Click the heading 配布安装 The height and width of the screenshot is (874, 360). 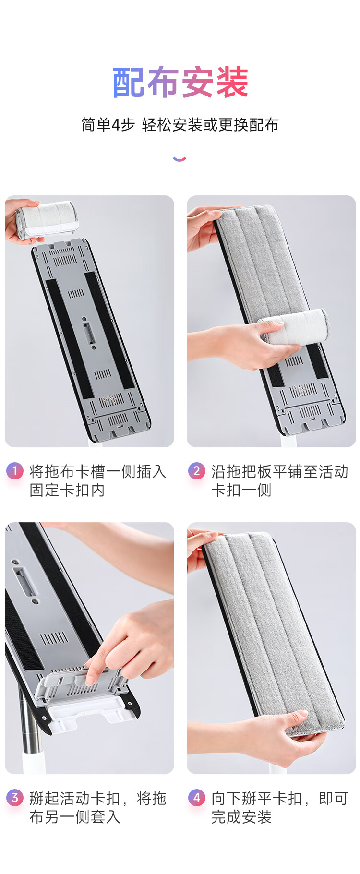[180, 83]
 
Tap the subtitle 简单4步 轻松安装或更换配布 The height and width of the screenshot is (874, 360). [180, 125]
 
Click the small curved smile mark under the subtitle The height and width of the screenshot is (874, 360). [180, 159]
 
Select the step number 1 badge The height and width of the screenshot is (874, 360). [14, 471]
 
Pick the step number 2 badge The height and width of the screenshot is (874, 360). [196, 471]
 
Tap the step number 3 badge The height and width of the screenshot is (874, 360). [14, 798]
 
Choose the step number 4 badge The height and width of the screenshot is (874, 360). [196, 798]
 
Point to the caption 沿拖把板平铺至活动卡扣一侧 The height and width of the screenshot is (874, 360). [280, 481]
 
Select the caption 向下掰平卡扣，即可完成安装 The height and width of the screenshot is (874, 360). [280, 808]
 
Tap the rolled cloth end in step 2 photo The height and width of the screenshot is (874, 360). [294, 327]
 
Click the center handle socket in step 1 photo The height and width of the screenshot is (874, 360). [88, 332]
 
